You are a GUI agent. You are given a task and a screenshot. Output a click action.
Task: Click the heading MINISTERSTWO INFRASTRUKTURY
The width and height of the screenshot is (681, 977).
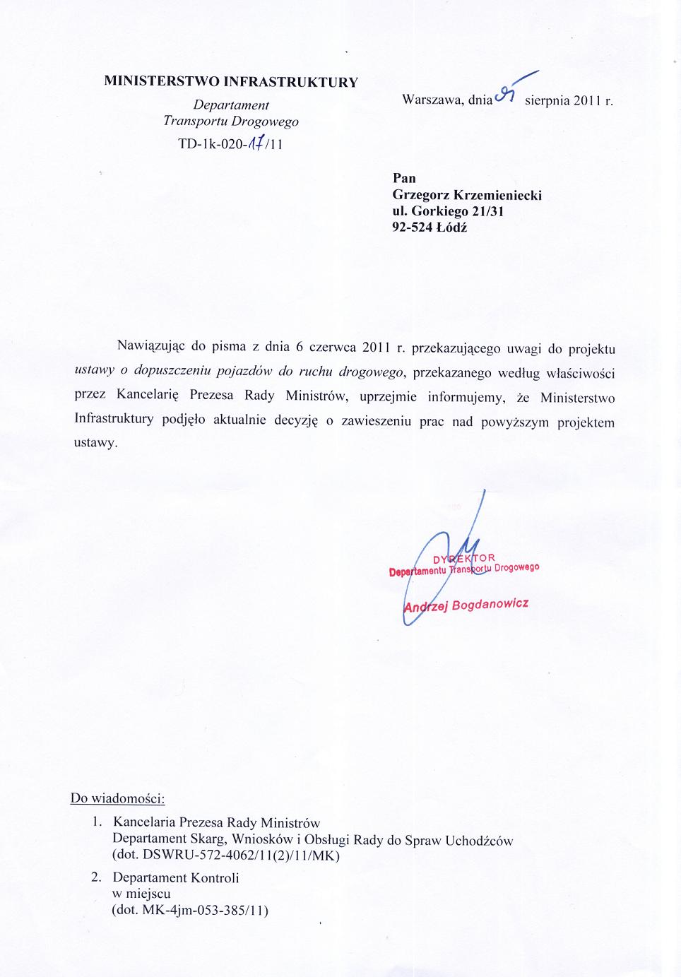(231, 81)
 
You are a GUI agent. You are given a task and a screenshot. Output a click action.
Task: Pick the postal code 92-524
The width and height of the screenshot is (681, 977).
(413, 227)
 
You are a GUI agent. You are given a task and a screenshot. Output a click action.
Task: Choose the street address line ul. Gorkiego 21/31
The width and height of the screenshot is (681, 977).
(448, 211)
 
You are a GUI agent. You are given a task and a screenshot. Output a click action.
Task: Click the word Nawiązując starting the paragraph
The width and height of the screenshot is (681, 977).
(150, 345)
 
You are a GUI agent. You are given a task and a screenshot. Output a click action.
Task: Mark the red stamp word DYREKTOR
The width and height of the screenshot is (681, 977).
(464, 559)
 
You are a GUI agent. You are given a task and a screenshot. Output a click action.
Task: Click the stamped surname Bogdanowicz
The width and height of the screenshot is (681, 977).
(490, 605)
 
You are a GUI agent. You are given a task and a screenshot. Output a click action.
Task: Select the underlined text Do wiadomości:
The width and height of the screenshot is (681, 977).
(117, 798)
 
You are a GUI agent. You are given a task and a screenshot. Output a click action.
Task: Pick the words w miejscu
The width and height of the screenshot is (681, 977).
(141, 894)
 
